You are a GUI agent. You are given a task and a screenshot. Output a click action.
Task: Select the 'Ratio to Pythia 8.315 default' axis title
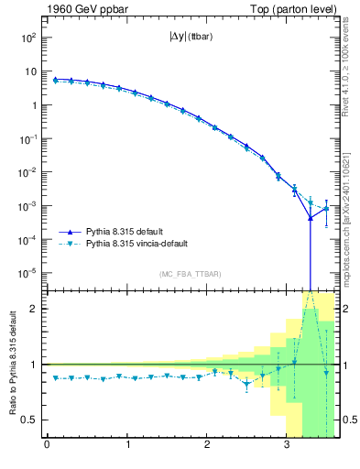click(x=12, y=363)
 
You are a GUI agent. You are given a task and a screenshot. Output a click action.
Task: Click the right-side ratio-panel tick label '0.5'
click(x=349, y=420)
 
